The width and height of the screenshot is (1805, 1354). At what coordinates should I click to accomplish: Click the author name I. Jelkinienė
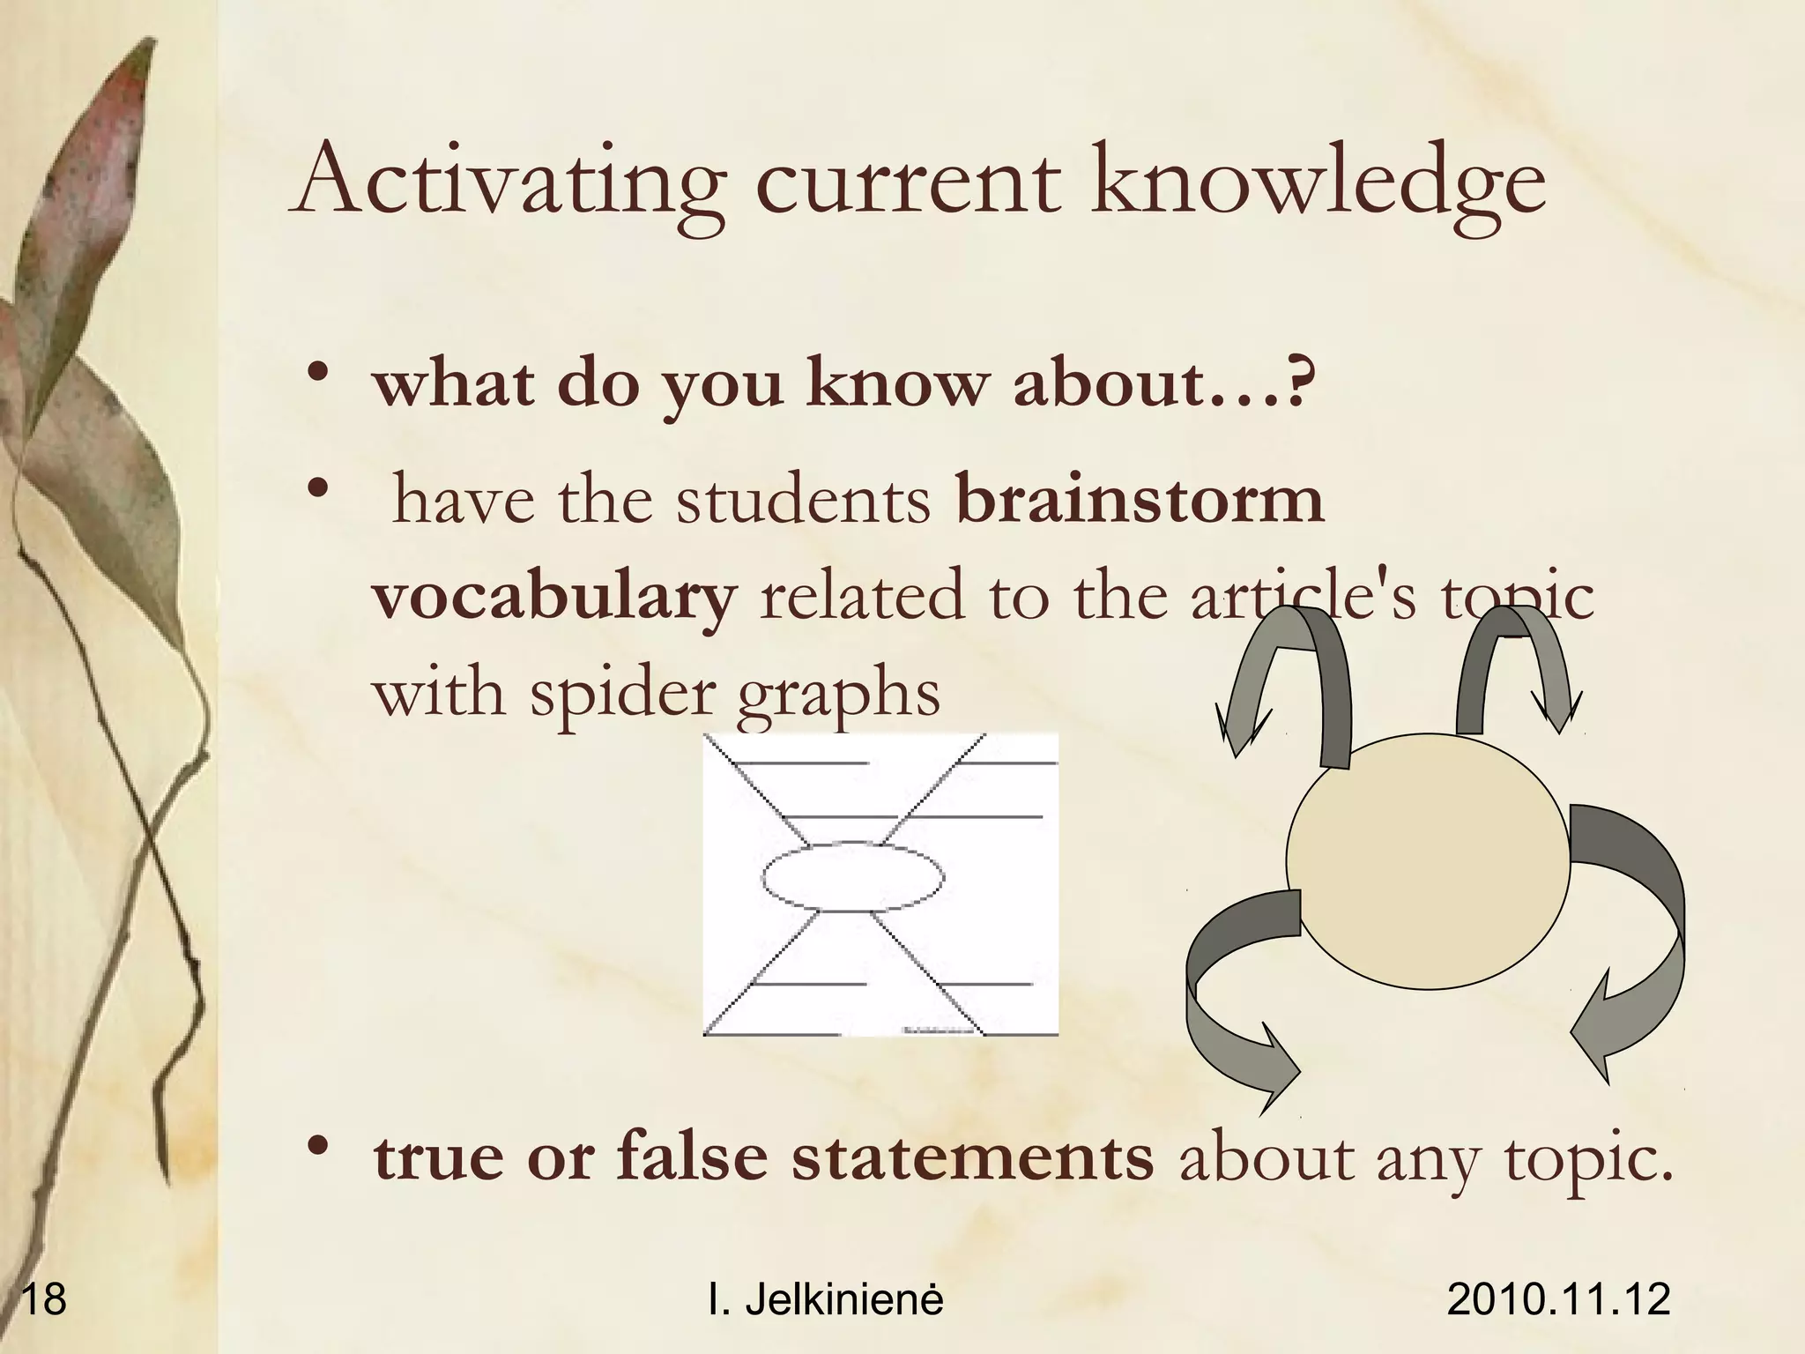[826, 1299]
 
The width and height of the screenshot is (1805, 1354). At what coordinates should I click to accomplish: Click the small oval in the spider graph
[852, 876]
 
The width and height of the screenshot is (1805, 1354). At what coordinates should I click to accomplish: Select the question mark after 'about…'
[1300, 384]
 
